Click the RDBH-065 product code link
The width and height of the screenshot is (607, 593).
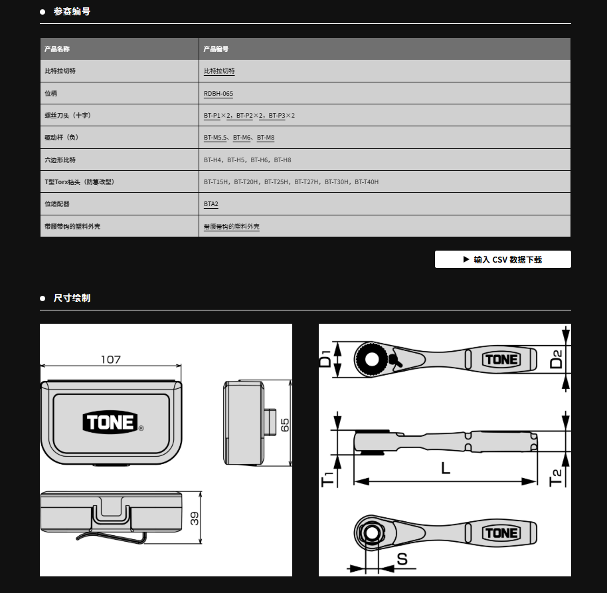click(x=218, y=94)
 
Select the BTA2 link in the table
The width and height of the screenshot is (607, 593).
click(x=211, y=204)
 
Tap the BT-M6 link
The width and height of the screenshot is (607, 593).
click(x=242, y=138)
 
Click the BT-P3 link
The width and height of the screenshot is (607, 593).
click(x=277, y=116)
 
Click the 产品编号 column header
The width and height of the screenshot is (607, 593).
click(x=216, y=49)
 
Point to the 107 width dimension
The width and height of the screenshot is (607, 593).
click(x=111, y=360)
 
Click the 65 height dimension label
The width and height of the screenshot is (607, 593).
click(x=285, y=425)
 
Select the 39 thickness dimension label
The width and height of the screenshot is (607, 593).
click(x=195, y=518)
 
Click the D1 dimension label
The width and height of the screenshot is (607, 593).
click(x=325, y=358)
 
